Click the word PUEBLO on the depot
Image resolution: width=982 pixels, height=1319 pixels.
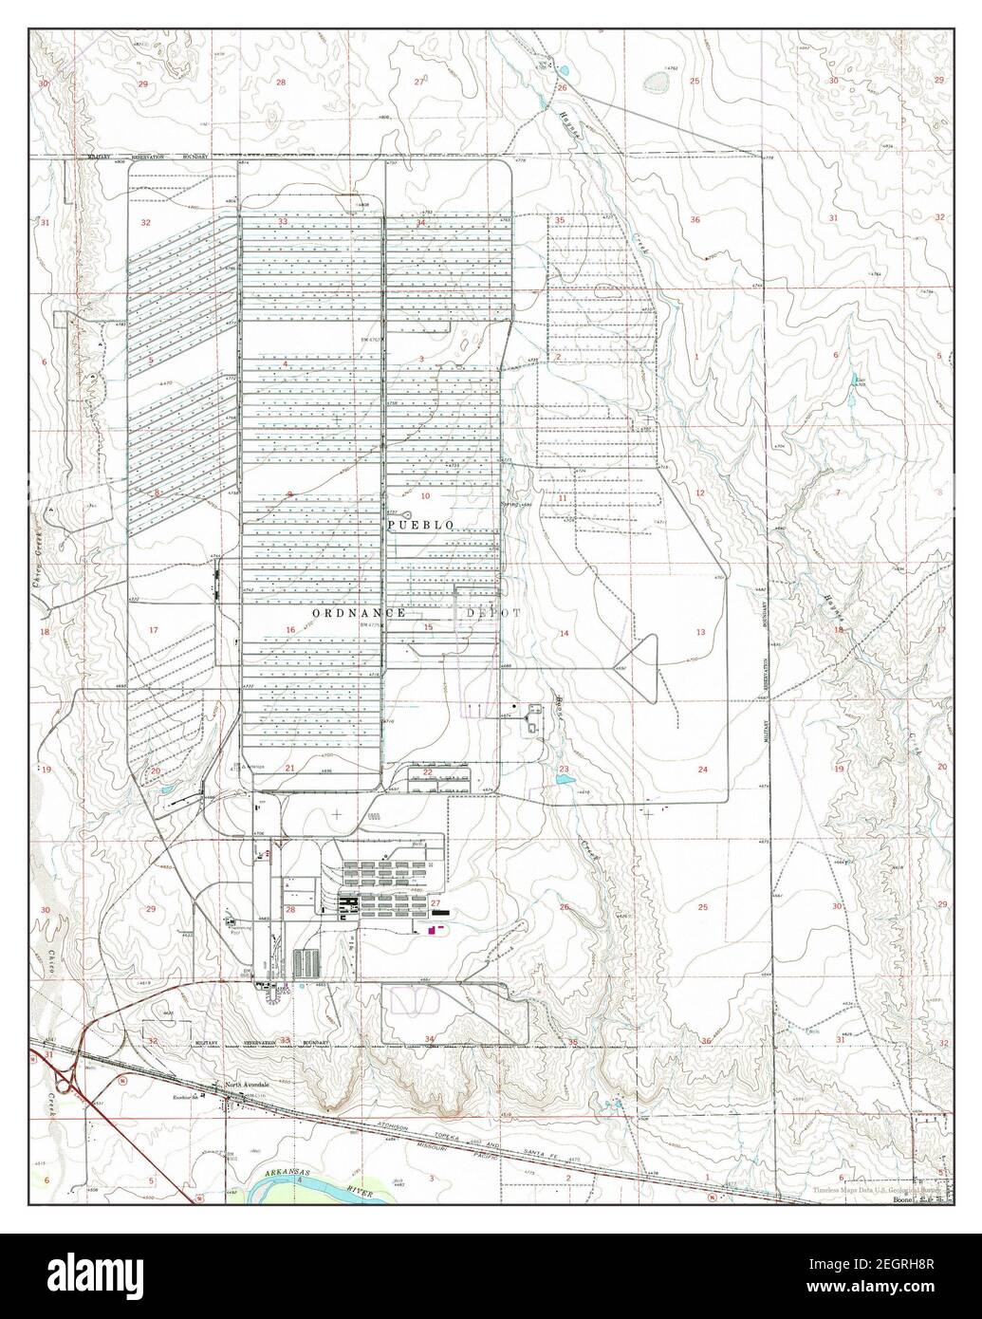419,525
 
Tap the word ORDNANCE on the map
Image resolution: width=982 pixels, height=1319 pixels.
359,614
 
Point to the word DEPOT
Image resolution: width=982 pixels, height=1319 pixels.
492,614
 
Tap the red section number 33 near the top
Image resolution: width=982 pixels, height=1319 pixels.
283,221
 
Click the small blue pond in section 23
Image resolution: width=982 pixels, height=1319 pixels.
565,779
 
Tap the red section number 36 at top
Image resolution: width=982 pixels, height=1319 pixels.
695,220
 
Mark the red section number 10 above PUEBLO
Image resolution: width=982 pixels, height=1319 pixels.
425,496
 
